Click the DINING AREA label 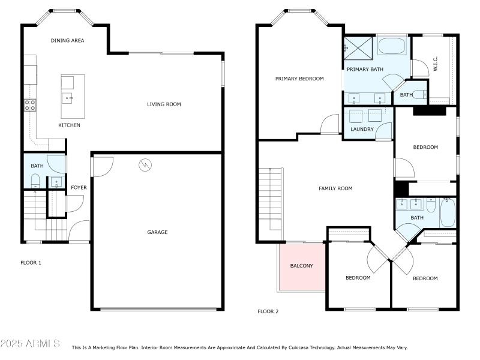point(67,41)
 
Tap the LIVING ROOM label point(164,104)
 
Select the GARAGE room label point(157,232)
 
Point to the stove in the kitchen point(30,106)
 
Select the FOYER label point(79,188)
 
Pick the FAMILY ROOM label point(335,188)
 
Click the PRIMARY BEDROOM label point(299,79)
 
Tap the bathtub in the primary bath point(393,46)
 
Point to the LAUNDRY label point(362,129)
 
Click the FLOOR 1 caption point(31,263)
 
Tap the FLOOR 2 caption point(268,311)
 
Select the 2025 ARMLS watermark point(30,344)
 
